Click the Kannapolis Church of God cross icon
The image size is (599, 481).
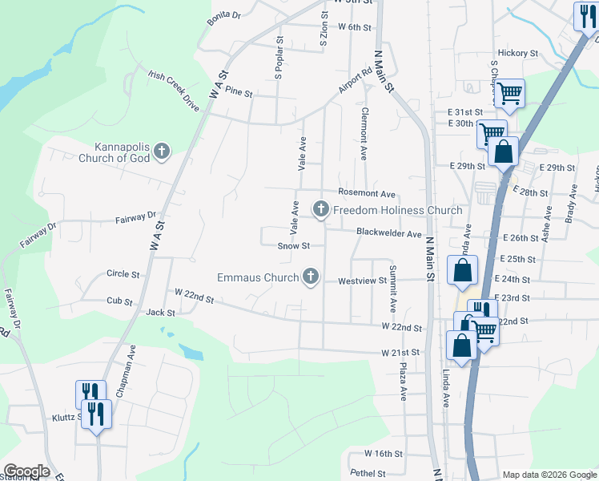(162, 151)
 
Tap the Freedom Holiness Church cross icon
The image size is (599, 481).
(321, 210)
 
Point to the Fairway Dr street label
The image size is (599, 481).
(135, 216)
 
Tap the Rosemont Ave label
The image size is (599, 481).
(367, 194)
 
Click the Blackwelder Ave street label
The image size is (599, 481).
(389, 233)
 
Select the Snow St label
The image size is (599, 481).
(293, 246)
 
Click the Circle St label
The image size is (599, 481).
(123, 274)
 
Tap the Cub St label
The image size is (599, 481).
(119, 301)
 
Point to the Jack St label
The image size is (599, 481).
(161, 312)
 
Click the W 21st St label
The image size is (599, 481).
(400, 353)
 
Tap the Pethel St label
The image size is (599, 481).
(368, 474)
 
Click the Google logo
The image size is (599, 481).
(26, 471)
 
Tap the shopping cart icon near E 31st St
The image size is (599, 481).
(509, 94)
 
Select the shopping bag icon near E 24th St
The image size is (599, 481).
(463, 271)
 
